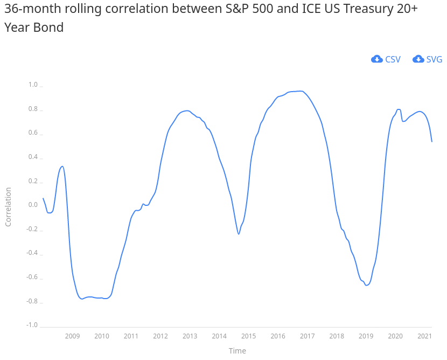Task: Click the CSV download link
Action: coord(393,59)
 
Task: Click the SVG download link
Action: coord(434,59)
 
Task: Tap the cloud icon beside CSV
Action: coord(377,59)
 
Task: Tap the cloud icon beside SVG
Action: coord(418,59)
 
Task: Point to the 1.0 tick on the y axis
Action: coord(33,85)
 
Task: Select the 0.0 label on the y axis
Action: coord(33,205)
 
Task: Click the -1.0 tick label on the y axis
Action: coord(32,325)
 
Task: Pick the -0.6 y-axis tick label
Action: coord(32,277)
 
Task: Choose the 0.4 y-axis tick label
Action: coord(33,157)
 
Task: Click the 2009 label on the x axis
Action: coord(72,336)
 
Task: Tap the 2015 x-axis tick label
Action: coord(248,336)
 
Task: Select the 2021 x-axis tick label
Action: coord(424,336)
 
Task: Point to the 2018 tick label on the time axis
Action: coord(337,336)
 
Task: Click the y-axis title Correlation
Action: coord(8,206)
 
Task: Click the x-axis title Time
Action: coord(237,351)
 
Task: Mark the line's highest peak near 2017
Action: coord(301,91)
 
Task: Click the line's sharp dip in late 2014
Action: coord(239,234)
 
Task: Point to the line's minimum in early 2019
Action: coord(366,285)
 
